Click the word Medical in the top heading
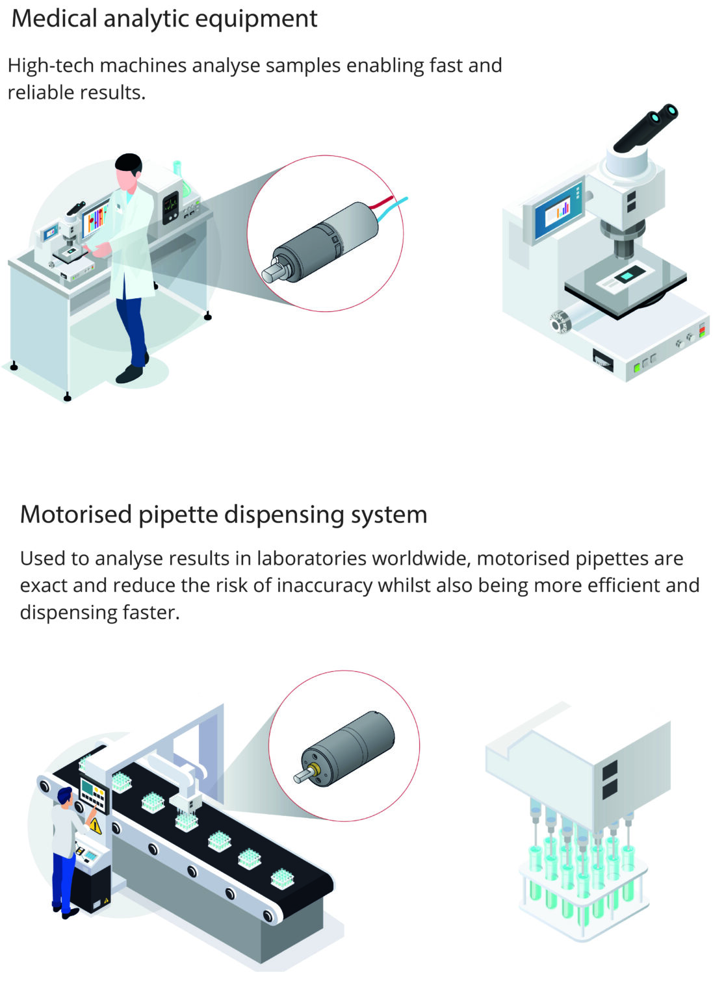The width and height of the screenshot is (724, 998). point(54,18)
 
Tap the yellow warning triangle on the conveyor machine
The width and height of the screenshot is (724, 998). point(95,826)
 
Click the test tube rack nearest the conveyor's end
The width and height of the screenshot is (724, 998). point(281,878)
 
